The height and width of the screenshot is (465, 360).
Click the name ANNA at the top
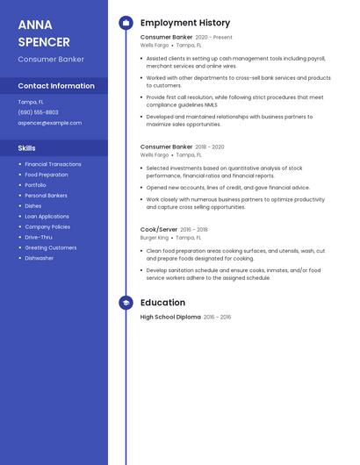point(35,25)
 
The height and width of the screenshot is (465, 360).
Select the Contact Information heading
point(56,86)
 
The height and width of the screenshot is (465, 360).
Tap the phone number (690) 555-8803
point(39,112)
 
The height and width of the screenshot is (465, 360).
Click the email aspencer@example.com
point(49,123)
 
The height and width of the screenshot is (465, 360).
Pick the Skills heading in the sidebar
point(27,148)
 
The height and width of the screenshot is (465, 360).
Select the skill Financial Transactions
point(53,164)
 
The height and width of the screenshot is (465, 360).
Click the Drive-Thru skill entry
point(39,237)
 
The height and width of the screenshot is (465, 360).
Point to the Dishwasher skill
point(40,258)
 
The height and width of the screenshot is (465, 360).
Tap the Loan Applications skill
point(47,216)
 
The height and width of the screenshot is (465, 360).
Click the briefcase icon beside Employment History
point(126,23)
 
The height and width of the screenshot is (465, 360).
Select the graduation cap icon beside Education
point(126,303)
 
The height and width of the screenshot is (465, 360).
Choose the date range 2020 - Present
point(213,38)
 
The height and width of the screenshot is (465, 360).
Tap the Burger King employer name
point(155,238)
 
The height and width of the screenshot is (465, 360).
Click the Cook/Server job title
point(159,229)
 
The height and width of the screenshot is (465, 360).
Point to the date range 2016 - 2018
point(194,229)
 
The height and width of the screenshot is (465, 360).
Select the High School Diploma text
point(170,317)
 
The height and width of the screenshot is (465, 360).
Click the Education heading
point(162,303)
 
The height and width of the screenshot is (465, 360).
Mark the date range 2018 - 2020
point(210,147)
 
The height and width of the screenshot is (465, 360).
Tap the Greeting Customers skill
point(51,247)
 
